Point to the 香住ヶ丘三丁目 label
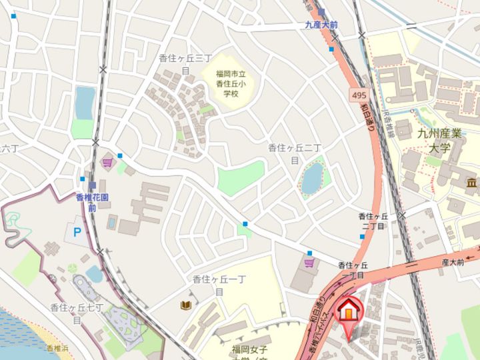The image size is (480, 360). pyautogui.click(x=185, y=64)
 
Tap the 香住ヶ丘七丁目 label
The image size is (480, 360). pyautogui.click(x=77, y=313)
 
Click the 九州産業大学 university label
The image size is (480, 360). pyautogui.click(x=434, y=141)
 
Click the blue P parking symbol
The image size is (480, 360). pyautogui.click(x=77, y=233)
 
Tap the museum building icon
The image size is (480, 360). pyautogui.click(x=472, y=182)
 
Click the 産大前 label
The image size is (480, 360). pyautogui.click(x=452, y=263)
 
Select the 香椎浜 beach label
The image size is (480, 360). pyautogui.click(x=59, y=349)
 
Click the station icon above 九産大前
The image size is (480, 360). pyautogui.click(x=322, y=12)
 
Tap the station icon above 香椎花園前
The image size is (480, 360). pyautogui.click(x=92, y=185)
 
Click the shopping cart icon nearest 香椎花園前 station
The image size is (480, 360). pyautogui.click(x=107, y=162)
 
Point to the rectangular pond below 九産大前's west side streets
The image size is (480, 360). pyautogui.click(x=85, y=102)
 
